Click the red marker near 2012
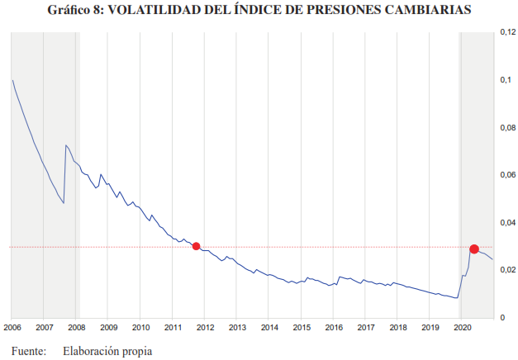click(x=196, y=246)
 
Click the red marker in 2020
click(x=474, y=249)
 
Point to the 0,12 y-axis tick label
click(x=506, y=32)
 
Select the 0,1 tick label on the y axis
click(x=505, y=80)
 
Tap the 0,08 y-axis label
click(x=506, y=128)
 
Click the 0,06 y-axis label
click(x=506, y=175)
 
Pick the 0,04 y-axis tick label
click(x=506, y=223)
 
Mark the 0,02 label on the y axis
click(x=506, y=270)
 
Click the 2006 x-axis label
click(x=12, y=327)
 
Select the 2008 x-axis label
click(x=76, y=327)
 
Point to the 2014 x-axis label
click(x=269, y=327)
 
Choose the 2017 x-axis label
click(x=365, y=327)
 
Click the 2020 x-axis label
click(x=462, y=327)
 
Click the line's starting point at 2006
click(x=12, y=80)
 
